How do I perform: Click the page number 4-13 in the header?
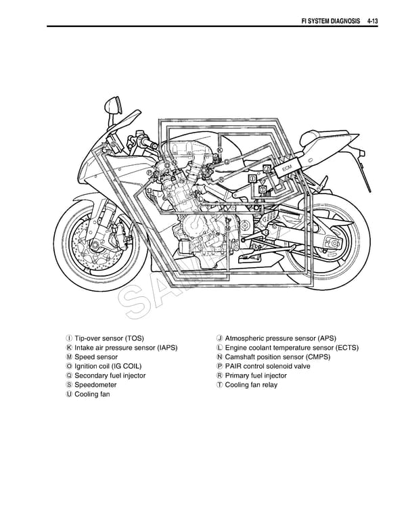pyautogui.click(x=369, y=22)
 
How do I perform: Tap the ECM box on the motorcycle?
pyautogui.click(x=286, y=166)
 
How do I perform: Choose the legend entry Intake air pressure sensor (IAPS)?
pyautogui.click(x=126, y=348)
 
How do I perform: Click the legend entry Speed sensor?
pyautogui.click(x=96, y=357)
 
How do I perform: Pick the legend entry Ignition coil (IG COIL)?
pyautogui.click(x=108, y=366)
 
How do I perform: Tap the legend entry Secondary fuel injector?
pyautogui.click(x=110, y=375)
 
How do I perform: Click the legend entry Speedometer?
pyautogui.click(x=95, y=385)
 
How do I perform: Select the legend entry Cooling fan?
pyautogui.click(x=92, y=394)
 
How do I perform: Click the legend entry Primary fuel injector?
pyautogui.click(x=256, y=375)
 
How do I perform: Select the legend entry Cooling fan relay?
pyautogui.click(x=251, y=385)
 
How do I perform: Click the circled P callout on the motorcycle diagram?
pyautogui.click(x=148, y=173)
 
